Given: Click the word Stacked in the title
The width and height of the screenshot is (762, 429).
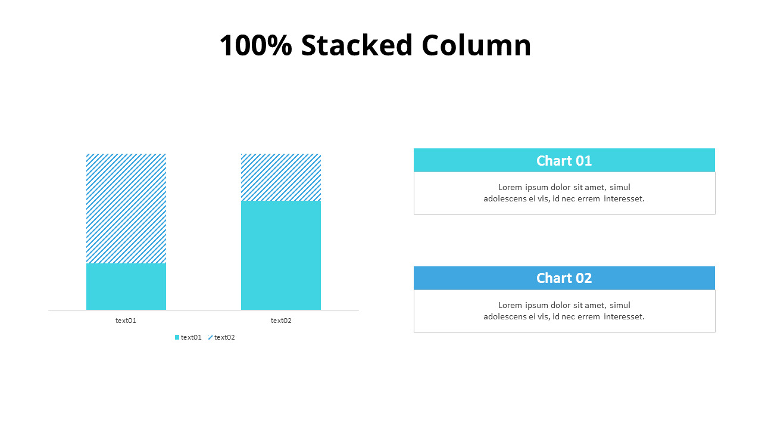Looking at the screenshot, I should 357,46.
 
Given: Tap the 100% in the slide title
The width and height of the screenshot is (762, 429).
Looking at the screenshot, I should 255,46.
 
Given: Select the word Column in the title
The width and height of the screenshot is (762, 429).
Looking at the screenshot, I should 476,46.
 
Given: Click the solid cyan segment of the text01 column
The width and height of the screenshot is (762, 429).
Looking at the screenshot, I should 126,287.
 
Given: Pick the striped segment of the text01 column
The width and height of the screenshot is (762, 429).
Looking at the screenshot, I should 126,209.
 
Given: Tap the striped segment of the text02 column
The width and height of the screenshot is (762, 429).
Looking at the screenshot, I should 281,177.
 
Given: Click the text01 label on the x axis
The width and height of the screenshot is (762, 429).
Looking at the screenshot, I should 126,321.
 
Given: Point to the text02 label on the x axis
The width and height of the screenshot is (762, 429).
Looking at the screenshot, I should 281,321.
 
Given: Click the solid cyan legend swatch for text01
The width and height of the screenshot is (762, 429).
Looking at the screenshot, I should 177,337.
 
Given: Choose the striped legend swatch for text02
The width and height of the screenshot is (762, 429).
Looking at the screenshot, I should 210,337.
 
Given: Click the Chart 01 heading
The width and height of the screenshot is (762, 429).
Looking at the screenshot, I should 564,160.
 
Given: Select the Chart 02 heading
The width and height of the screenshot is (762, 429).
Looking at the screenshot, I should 564,278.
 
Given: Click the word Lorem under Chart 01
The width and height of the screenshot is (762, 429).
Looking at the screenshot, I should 510,187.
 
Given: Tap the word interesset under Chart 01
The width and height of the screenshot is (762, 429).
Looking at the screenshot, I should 624,198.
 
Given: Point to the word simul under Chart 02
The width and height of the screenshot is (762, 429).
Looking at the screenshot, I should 620,305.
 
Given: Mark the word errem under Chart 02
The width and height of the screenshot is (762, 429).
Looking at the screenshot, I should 589,316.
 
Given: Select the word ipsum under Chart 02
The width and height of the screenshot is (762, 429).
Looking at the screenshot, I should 536,305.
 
